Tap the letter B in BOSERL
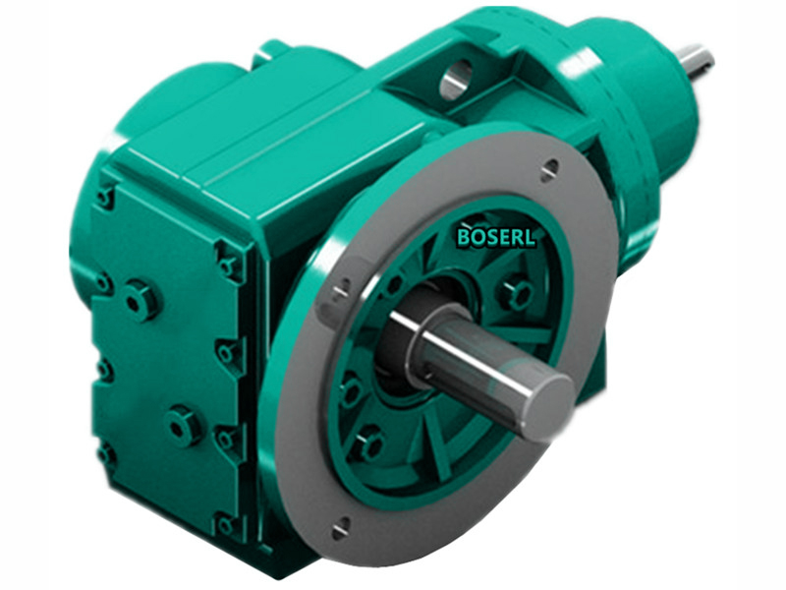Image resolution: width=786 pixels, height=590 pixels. (x=464, y=236)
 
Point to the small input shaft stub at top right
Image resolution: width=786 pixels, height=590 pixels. (x=695, y=61)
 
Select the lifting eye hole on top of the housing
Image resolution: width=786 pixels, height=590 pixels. (x=454, y=80)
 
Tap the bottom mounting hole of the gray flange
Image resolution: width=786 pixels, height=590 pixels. (x=340, y=530)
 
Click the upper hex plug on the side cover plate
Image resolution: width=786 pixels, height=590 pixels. (x=140, y=299)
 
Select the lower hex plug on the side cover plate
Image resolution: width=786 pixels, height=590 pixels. (x=183, y=426)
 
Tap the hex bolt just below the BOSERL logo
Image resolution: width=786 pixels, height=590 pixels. (x=514, y=292)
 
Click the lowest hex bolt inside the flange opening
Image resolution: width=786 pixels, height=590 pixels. (x=368, y=444)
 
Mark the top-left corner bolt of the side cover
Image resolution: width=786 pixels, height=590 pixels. (x=105, y=198)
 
